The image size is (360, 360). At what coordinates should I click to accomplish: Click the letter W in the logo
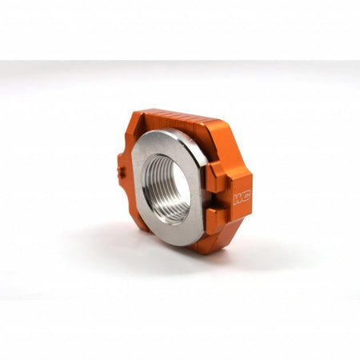pyautogui.click(x=237, y=196)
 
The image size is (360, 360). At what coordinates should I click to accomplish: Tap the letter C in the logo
pyautogui.click(x=246, y=195)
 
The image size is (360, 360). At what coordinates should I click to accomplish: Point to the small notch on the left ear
pyautogui.click(x=119, y=170)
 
